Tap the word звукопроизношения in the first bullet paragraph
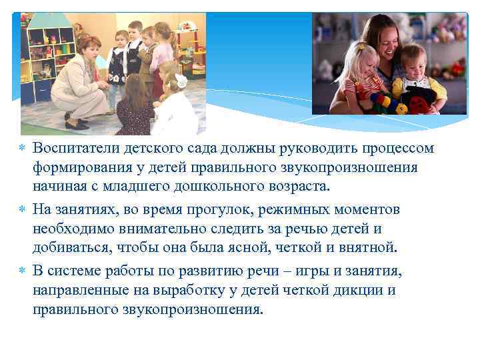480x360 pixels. click(x=359, y=167)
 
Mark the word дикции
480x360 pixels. click(x=367, y=291)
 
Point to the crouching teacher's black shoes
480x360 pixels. click(x=77, y=124)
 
